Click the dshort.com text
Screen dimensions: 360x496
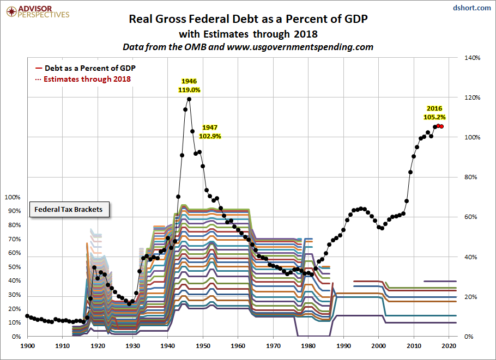(471, 8)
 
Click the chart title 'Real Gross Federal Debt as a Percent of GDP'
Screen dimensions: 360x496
(248, 19)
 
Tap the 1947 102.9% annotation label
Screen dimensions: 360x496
(210, 132)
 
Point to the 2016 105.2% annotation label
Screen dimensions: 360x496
(434, 113)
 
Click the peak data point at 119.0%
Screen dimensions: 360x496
(189, 99)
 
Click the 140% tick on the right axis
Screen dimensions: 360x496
(472, 58)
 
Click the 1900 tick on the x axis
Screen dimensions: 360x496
(27, 346)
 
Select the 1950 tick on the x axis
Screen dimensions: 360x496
(203, 346)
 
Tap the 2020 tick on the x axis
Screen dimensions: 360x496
(449, 346)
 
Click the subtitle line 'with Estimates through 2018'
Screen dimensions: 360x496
(248, 34)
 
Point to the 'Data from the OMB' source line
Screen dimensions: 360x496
(248, 47)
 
